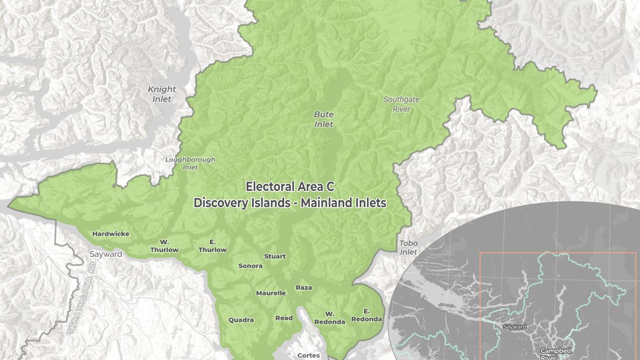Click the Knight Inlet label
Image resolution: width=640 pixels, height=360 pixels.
[x=162, y=94]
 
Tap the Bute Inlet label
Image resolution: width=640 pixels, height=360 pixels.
[x=324, y=119]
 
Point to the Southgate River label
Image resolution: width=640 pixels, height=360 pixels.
[x=401, y=104]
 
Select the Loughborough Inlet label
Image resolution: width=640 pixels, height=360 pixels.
[x=190, y=163]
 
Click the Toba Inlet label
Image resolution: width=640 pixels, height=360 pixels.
[x=409, y=248]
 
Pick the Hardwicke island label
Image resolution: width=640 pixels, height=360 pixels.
[x=111, y=234]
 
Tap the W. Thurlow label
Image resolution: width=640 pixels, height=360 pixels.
[x=164, y=246]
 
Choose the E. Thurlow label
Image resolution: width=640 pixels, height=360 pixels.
[x=212, y=246]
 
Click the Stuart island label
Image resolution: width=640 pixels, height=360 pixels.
[x=275, y=256]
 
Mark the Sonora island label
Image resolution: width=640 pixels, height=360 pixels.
[x=251, y=266]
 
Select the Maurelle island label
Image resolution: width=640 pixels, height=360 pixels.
[x=271, y=293]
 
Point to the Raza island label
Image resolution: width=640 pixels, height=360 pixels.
[x=304, y=287]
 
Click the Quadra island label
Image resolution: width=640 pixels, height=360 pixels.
[x=241, y=320]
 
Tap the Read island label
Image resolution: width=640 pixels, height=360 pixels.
[x=284, y=318]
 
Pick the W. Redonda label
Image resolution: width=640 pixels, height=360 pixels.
[x=330, y=318]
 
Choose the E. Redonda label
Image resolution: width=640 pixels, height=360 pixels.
[x=367, y=315]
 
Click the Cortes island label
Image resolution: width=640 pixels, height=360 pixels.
[x=308, y=355]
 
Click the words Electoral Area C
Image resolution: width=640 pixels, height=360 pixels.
[x=290, y=187]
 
